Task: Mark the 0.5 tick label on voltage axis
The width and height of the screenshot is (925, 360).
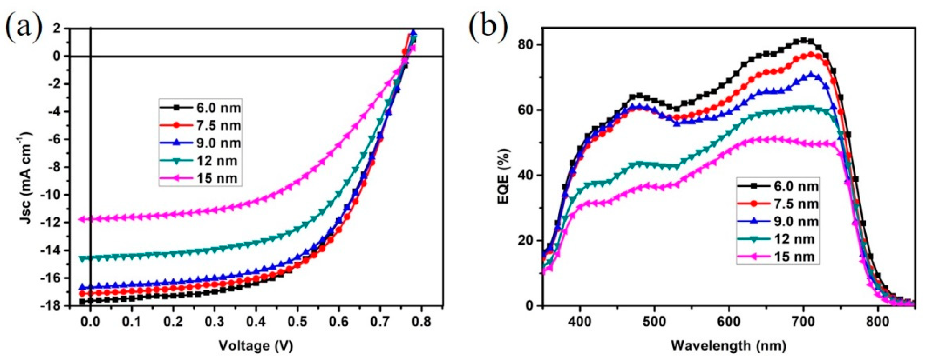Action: tap(297, 322)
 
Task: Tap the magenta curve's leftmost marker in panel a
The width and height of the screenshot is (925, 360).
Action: tap(82, 219)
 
